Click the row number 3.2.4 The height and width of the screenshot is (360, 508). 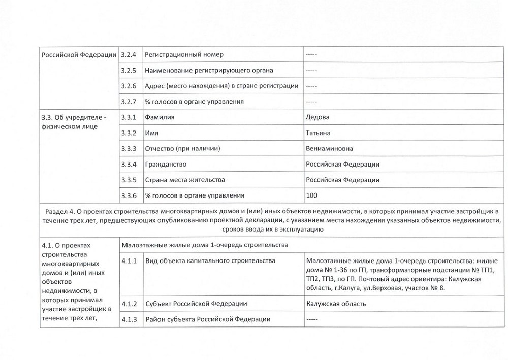click(130, 54)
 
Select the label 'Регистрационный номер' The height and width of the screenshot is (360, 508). click(183, 54)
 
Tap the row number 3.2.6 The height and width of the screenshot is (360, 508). click(130, 86)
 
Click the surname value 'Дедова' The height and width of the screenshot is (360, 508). click(317, 117)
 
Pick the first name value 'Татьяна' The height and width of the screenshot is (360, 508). click(319, 133)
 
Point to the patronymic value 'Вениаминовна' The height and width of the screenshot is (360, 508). click(330, 149)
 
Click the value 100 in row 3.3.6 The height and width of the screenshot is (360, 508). click(311, 195)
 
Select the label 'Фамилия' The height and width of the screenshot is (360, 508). click(160, 117)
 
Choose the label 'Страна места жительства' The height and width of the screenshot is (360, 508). click(185, 180)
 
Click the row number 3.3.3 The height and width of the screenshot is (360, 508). click(130, 149)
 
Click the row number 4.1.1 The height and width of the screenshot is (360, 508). click(130, 261)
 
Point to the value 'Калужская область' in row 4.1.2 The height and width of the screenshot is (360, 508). click(336, 304)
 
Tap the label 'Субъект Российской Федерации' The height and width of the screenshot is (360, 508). click(196, 304)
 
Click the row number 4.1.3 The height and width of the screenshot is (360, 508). click(130, 319)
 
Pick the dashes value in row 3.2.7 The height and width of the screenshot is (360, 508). click(311, 102)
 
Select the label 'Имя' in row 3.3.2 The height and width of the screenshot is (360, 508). click(151, 133)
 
